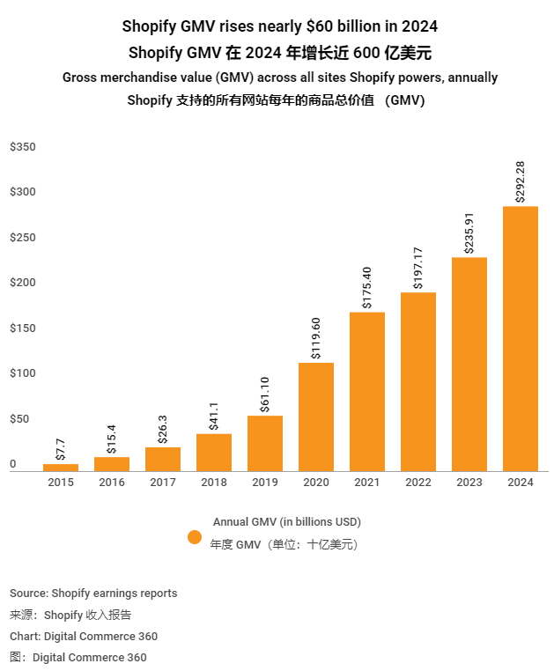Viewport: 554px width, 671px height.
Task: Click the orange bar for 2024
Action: coord(520,339)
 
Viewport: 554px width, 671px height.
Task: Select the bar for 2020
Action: coord(316,417)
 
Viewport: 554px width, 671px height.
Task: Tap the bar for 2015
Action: coord(61,467)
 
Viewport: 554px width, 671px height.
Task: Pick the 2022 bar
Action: coord(418,381)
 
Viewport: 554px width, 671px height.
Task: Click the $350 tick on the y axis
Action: coord(23,147)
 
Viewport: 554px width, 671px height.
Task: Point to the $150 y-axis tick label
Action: coord(23,328)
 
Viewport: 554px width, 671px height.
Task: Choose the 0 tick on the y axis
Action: coord(13,464)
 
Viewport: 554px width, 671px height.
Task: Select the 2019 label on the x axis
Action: coord(264,483)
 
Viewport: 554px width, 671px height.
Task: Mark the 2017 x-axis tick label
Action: coord(163,483)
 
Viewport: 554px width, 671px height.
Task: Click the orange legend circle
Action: coord(195,536)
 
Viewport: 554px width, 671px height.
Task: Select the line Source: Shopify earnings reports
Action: coord(93,594)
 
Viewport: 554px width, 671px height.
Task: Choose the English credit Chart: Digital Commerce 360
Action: coord(84,636)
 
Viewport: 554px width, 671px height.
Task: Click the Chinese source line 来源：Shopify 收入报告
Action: coord(70,615)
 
